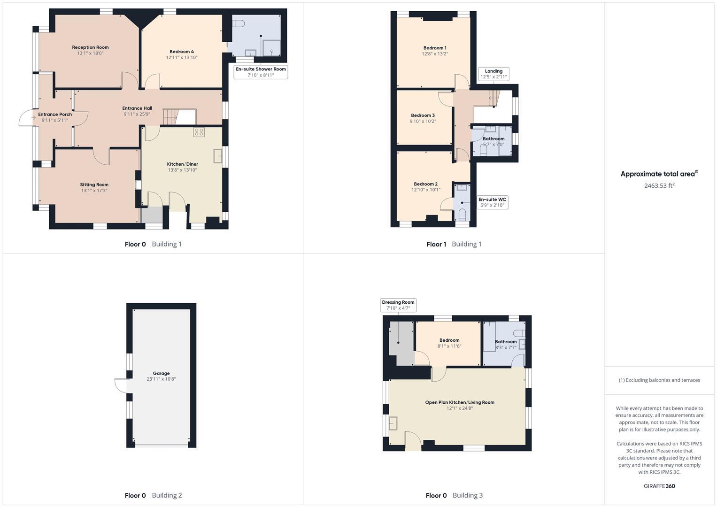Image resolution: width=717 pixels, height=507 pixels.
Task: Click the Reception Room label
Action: pos(90,47)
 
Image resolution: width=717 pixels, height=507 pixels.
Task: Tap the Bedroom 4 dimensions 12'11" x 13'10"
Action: pos(182,58)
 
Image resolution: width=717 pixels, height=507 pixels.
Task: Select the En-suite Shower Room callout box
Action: pos(261,72)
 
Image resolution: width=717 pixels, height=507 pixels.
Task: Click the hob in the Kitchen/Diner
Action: pos(199,132)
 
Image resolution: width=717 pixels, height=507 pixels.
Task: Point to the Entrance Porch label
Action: pos(55,114)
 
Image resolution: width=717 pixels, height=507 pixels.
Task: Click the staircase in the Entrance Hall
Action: pos(170,116)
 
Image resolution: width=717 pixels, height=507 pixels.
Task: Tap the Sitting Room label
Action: pos(94,184)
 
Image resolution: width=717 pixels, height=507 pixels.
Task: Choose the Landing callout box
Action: pos(493,74)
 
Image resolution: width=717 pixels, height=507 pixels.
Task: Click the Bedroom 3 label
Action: pos(423,115)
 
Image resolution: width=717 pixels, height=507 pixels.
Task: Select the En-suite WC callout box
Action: pos(492,202)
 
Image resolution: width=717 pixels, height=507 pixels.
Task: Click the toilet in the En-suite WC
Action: pos(462,215)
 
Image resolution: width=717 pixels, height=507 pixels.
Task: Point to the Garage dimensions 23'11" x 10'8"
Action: pos(161,379)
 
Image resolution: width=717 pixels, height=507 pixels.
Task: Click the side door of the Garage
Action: pos(121,385)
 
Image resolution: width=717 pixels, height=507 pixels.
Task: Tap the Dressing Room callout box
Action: pos(398,305)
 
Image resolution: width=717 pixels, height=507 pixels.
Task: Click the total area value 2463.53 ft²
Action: pos(659,186)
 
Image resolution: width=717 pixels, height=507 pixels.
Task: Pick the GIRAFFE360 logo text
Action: pos(659,486)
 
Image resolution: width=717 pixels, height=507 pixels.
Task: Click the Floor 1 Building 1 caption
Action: pos(454,244)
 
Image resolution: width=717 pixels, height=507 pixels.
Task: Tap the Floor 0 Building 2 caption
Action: pos(153,495)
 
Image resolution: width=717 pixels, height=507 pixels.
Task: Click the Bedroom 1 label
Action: pos(435,48)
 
